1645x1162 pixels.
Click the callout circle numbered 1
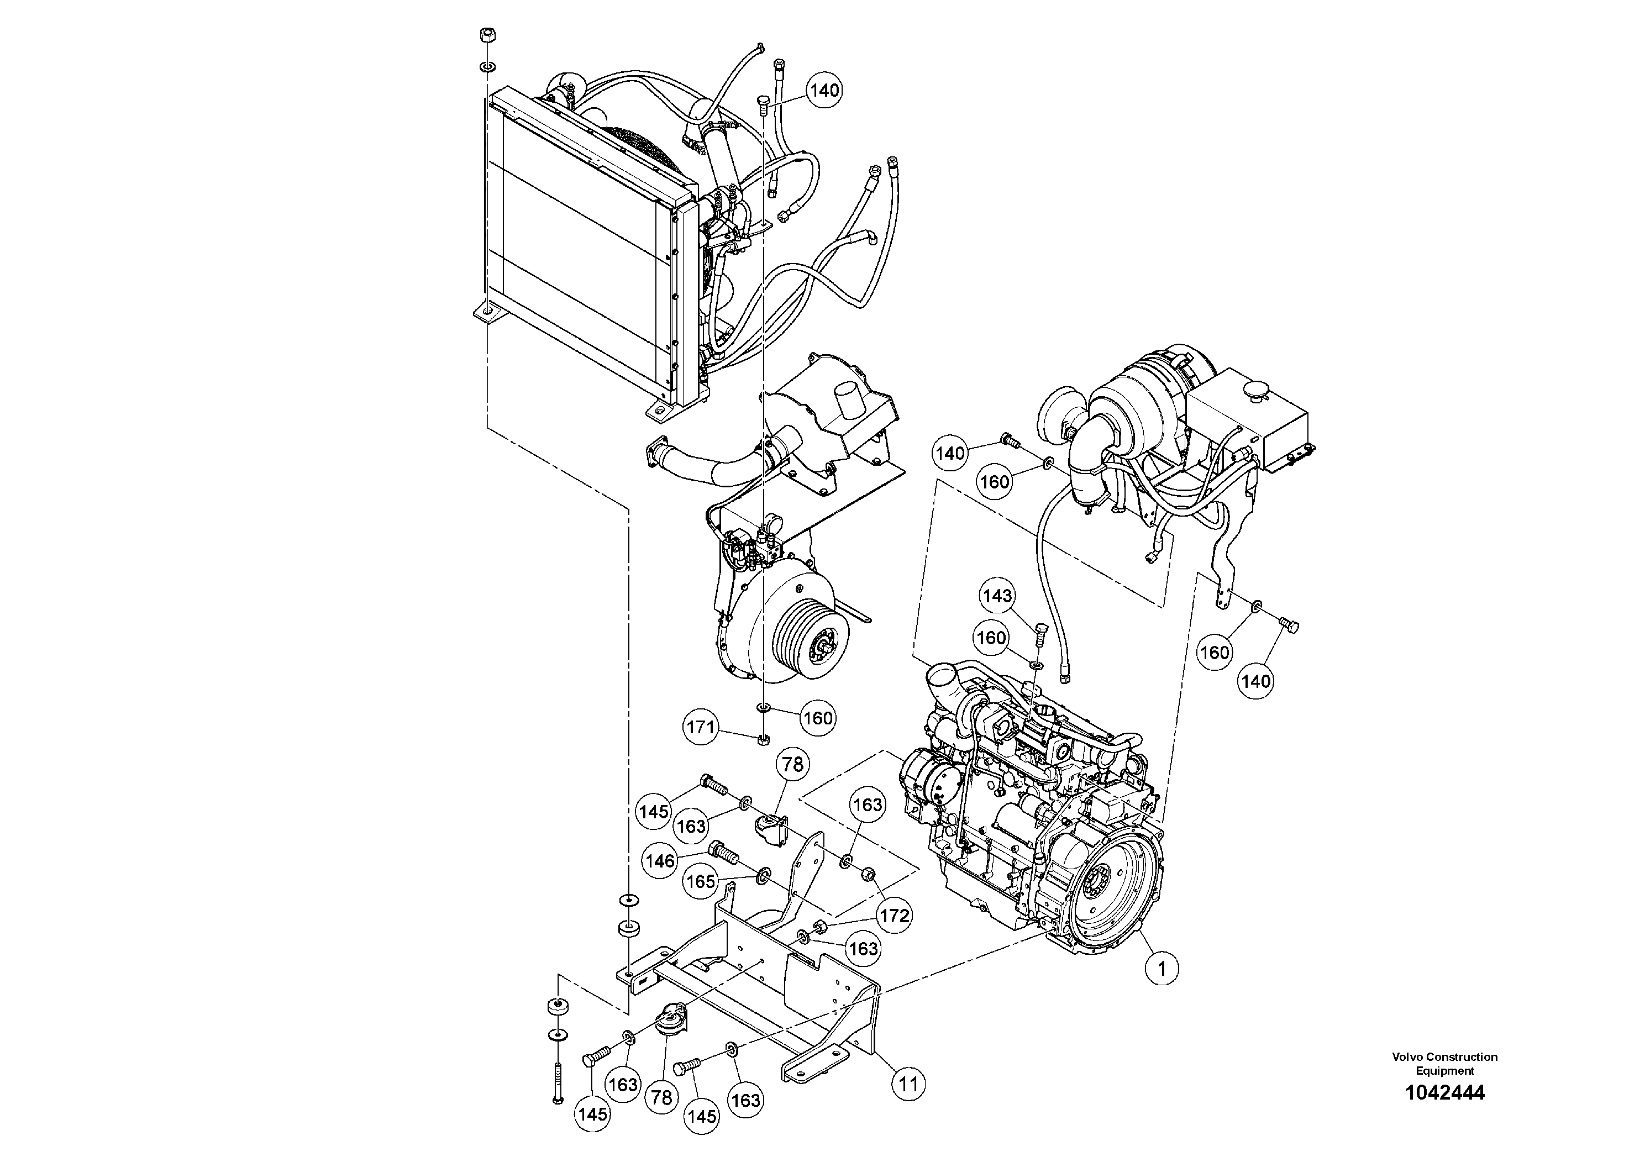point(1162,969)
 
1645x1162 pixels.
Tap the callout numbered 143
point(997,596)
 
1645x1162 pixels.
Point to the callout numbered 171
point(700,728)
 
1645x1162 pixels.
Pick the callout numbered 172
point(894,916)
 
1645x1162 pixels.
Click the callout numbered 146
point(660,860)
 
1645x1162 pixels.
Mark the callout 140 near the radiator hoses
point(824,90)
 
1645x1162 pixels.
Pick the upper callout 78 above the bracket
point(792,765)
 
